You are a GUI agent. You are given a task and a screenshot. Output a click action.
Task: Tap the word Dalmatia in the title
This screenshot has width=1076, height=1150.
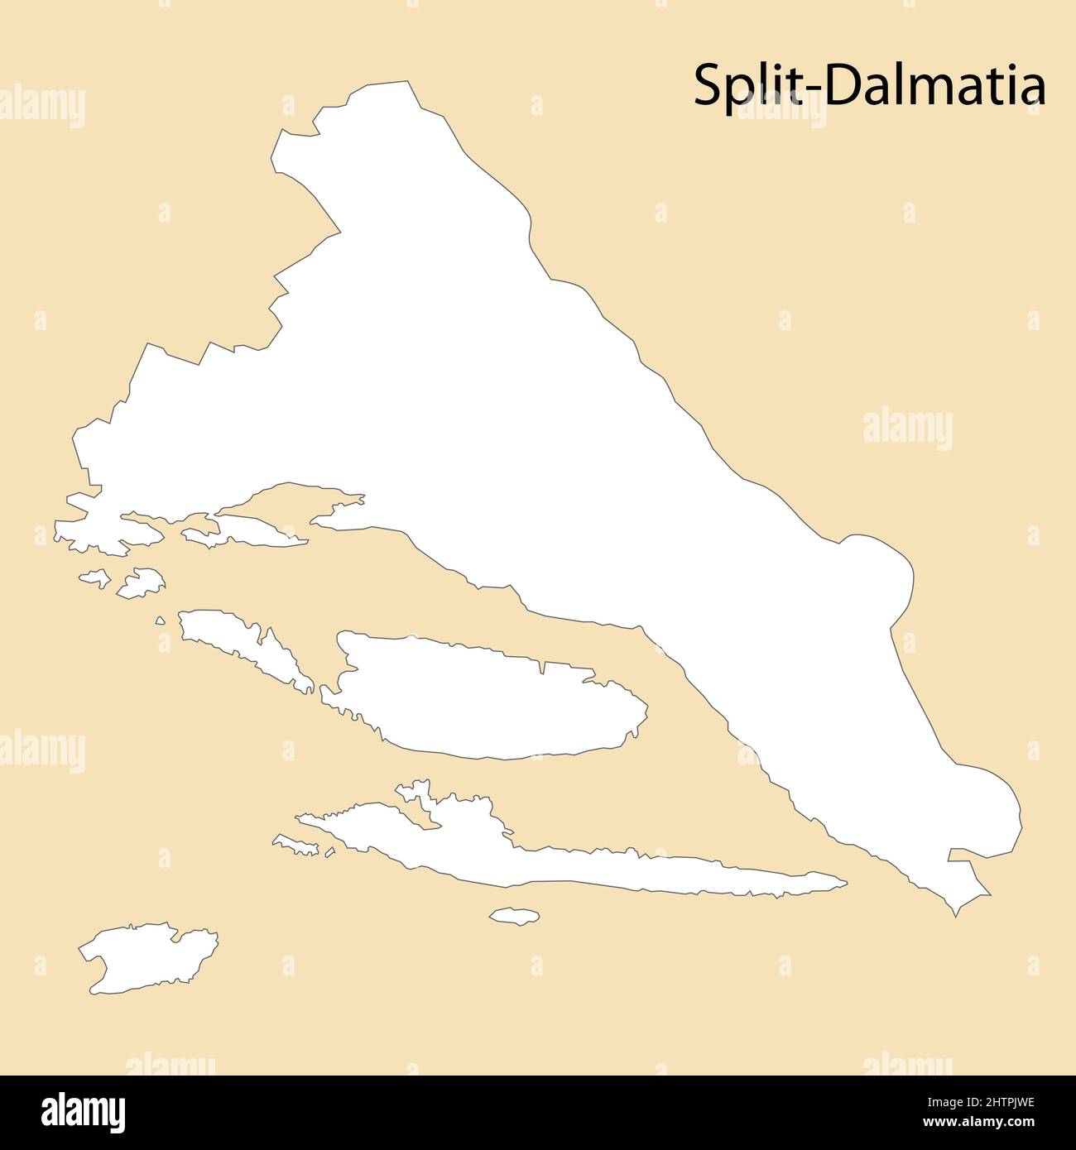935,85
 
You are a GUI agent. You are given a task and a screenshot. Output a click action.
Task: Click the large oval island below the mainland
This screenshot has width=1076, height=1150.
488,697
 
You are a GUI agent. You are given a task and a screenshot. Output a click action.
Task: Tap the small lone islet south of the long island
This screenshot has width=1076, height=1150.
514,916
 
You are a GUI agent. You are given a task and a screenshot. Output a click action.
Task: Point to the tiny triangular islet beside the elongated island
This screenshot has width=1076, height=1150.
160,620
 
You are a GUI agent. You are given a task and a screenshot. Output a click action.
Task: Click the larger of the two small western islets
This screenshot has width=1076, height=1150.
142,582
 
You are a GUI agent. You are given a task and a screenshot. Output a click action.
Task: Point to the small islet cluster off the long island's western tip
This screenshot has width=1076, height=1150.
298,845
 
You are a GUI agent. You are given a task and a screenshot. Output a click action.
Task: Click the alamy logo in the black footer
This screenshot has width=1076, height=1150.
83,1113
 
